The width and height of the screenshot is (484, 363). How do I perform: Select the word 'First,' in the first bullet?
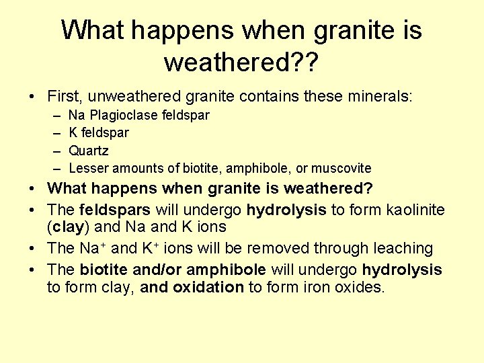tap(66, 97)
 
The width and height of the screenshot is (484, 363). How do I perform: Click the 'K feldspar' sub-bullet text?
tap(99, 133)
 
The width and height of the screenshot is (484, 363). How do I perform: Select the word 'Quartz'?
tap(88, 151)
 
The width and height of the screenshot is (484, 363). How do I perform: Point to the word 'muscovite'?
tap(343, 168)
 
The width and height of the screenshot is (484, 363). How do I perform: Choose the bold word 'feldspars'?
tap(115, 210)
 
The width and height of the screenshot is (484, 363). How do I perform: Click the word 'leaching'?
tap(401, 248)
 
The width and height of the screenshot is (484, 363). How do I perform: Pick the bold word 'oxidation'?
tap(208, 288)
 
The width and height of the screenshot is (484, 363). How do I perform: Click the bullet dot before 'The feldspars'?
tap(34, 210)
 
